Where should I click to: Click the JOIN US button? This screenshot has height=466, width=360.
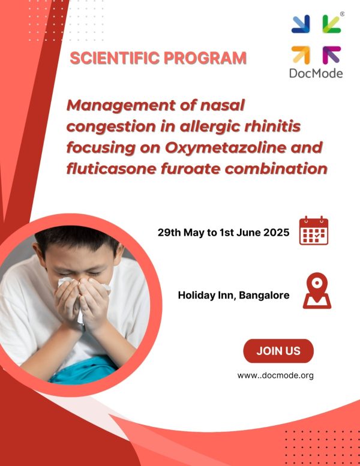pos(278,351)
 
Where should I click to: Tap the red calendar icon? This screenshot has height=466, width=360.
pos(314,231)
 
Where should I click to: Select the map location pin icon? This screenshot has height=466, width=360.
pos(317,291)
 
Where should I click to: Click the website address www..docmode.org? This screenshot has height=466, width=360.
pos(275,375)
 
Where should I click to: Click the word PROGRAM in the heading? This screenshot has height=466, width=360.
pos(205,58)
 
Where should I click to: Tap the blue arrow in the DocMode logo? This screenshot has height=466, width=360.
pos(301,24)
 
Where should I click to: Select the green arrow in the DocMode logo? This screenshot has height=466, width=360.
pos(331,24)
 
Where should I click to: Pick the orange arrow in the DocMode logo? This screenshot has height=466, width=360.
pos(301,55)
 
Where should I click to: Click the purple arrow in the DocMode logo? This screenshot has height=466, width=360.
pos(331,55)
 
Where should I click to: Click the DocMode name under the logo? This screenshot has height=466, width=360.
pos(316,73)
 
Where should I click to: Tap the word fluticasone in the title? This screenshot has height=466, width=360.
pos(112,169)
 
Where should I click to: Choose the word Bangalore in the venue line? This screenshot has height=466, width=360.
pos(264,296)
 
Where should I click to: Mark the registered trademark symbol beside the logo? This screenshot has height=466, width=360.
pos(342,14)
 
